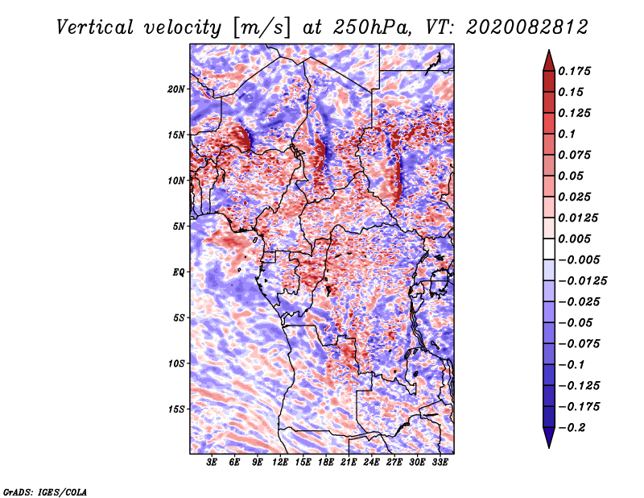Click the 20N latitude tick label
176,89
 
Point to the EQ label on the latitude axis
179,272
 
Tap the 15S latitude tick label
176,409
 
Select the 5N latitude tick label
179,226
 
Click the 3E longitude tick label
212,462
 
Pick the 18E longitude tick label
326,462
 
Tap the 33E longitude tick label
440,462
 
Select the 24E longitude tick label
371,462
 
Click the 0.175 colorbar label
574,71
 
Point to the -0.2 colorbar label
572,428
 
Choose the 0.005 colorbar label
574,239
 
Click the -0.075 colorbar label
579,343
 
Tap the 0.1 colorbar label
567,134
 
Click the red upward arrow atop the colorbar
549,60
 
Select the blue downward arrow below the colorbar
549,438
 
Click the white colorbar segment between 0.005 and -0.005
549,249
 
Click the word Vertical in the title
95,27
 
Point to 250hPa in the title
371,27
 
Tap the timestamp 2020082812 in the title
527,27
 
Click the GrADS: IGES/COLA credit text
45,492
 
